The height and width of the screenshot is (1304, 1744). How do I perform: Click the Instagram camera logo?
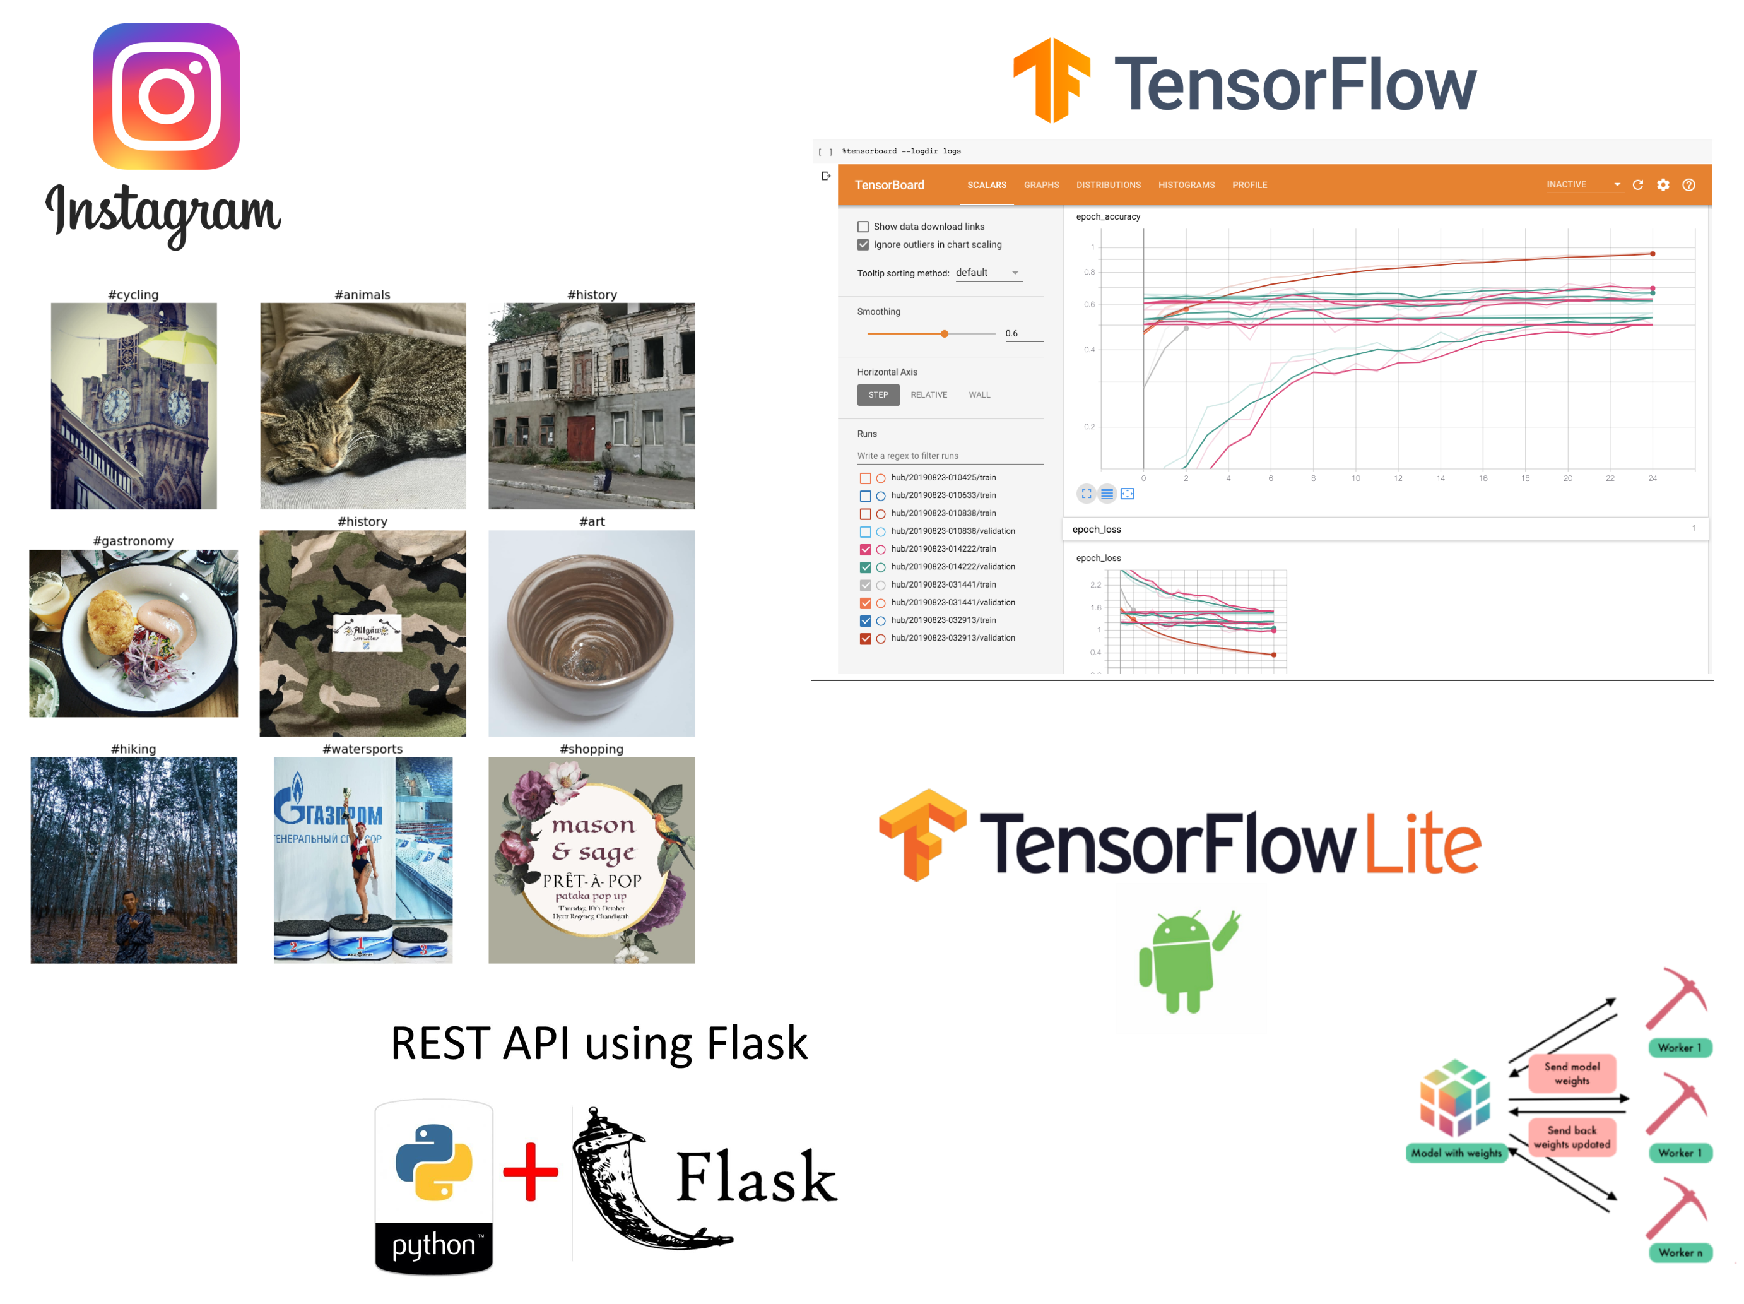point(167,96)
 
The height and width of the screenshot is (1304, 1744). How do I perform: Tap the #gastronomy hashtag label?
point(133,541)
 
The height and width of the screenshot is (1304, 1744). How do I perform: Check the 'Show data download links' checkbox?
point(863,227)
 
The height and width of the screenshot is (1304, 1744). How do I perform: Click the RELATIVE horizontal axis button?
point(929,395)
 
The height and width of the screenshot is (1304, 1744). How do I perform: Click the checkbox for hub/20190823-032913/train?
point(866,621)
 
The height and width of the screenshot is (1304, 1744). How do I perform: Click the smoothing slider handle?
point(945,335)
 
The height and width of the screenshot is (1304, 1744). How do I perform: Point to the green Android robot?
point(1182,961)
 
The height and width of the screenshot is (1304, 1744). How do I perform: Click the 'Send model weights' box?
point(1571,1074)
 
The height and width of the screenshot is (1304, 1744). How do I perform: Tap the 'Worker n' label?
point(1680,1253)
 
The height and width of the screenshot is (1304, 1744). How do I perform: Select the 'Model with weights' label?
point(1456,1153)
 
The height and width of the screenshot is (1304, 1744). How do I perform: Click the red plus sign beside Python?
point(531,1172)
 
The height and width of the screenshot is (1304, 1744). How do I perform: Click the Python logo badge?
point(433,1186)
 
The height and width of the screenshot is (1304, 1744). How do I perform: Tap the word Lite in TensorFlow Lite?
point(1423,844)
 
